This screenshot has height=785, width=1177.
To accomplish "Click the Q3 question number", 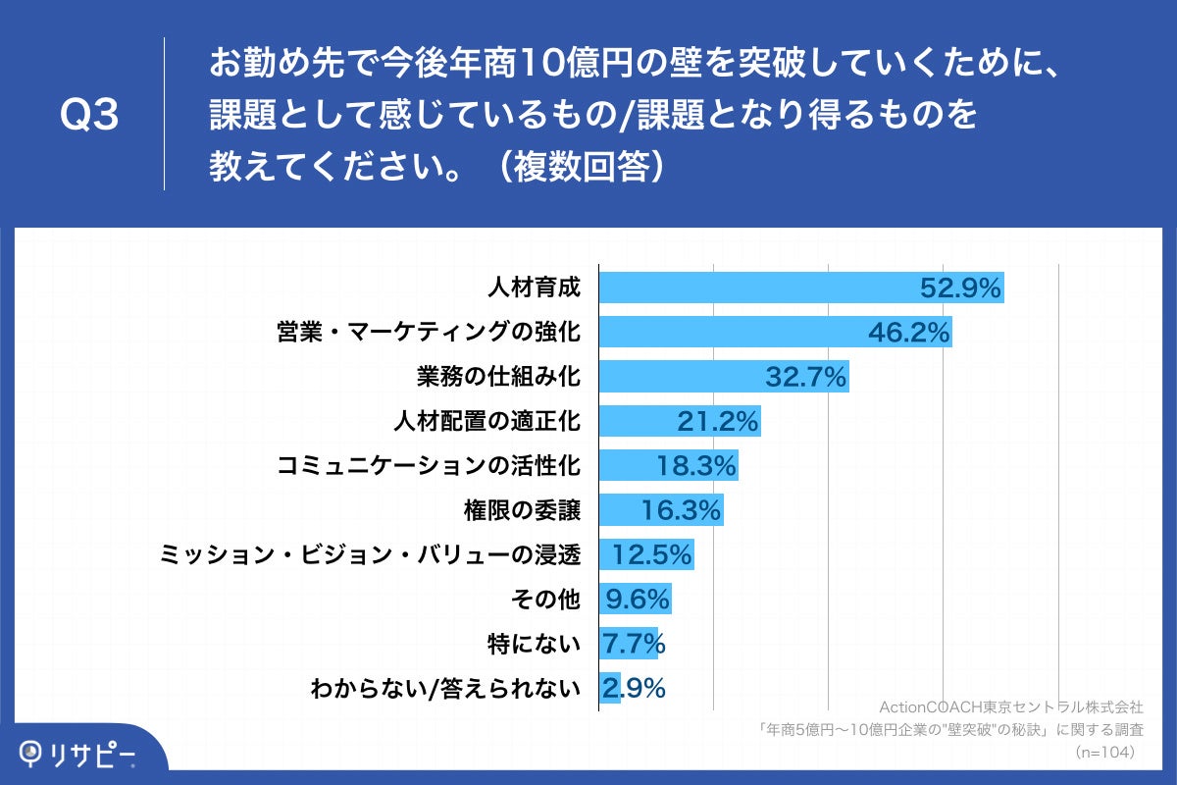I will (x=89, y=116).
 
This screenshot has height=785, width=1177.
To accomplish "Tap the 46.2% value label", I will (x=909, y=333).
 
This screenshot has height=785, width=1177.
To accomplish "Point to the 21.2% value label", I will (x=718, y=423).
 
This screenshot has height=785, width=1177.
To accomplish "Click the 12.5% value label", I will (x=652, y=555).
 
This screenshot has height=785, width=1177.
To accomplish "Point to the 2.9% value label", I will (x=634, y=689).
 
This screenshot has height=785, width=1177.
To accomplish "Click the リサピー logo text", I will (x=92, y=755).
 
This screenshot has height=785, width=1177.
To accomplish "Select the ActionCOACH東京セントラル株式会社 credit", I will (x=1010, y=706).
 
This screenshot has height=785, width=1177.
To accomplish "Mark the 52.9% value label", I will (x=959, y=288).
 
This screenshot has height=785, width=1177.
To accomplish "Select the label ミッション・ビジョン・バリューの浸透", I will (x=371, y=555).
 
